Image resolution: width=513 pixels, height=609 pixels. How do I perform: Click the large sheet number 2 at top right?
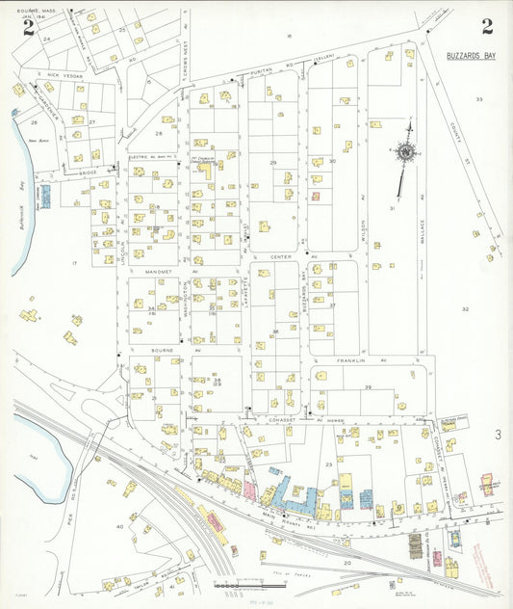click(x=487, y=26)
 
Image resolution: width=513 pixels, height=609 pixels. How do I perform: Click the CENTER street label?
click(x=281, y=257)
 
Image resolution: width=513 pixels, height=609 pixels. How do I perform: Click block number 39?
click(x=368, y=386)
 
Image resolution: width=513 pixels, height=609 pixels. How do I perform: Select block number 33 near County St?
click(x=478, y=99)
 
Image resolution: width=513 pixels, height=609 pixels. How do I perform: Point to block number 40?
click(x=119, y=527)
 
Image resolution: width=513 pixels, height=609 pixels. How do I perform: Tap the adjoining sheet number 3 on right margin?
click(x=498, y=435)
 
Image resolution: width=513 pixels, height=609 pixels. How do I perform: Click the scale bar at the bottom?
click(x=239, y=585)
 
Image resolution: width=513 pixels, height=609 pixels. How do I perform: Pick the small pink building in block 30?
click(x=315, y=196)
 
